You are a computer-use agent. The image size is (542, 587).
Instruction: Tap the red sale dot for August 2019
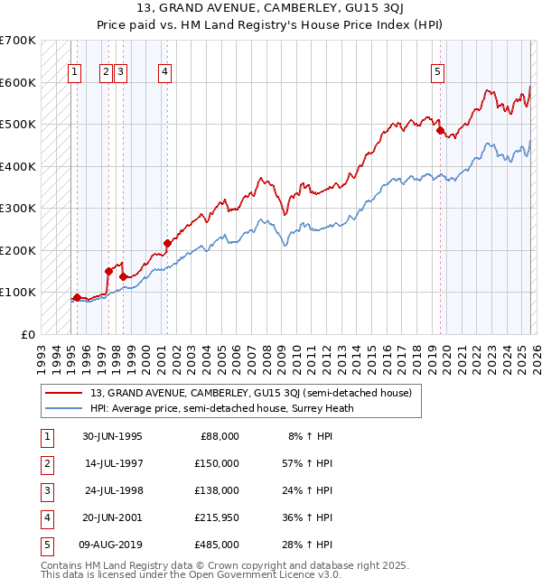pos(440,131)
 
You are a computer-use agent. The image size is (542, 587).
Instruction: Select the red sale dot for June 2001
pos(167,243)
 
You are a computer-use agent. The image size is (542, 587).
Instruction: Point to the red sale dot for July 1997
pos(108,271)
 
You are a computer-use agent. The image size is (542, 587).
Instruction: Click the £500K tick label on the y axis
pos(18,124)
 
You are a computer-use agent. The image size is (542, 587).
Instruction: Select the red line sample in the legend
pos(64,393)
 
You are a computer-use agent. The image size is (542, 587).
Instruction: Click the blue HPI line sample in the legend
pos(64,408)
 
